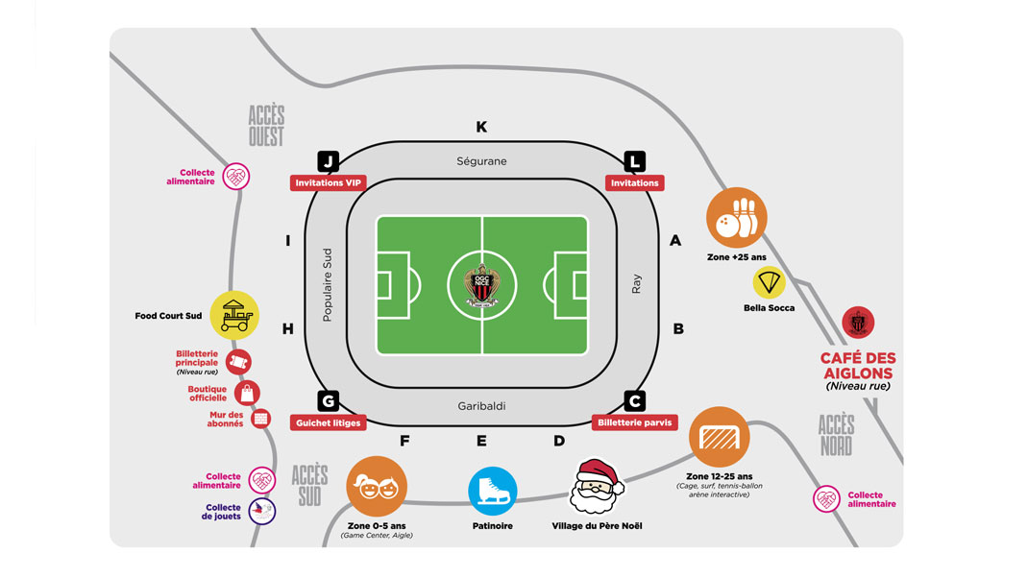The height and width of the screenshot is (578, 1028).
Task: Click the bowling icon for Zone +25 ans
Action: pyautogui.click(x=737, y=218)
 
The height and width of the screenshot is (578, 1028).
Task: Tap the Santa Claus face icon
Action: pyautogui.click(x=597, y=487)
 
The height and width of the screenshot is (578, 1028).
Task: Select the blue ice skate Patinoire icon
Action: pyautogui.click(x=493, y=491)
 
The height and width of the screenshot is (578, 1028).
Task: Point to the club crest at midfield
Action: pyautogui.click(x=482, y=285)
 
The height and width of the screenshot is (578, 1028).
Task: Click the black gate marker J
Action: pyautogui.click(x=329, y=161)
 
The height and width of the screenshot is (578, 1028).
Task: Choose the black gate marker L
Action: pyautogui.click(x=634, y=161)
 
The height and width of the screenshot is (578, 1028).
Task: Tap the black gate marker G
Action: pyautogui.click(x=329, y=401)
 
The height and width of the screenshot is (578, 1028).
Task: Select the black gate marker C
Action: pyautogui.click(x=634, y=401)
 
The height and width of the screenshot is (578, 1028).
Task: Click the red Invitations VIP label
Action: pyautogui.click(x=329, y=182)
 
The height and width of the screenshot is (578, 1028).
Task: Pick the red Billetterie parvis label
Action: pyautogui.click(x=634, y=422)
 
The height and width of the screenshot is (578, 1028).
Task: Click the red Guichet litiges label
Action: pyautogui.click(x=329, y=422)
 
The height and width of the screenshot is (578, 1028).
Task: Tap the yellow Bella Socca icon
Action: pyautogui.click(x=769, y=282)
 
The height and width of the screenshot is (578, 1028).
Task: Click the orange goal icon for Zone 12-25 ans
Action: pyautogui.click(x=719, y=437)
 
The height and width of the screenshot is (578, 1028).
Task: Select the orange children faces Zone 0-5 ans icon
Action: pyautogui.click(x=376, y=487)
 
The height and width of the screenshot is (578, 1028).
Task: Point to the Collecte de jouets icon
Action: pyautogui.click(x=262, y=510)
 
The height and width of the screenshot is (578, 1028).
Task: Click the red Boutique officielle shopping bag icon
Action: pyautogui.click(x=247, y=393)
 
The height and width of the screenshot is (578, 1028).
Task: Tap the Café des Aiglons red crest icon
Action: pyautogui.click(x=857, y=323)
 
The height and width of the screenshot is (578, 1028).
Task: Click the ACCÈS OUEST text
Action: pyautogui.click(x=266, y=126)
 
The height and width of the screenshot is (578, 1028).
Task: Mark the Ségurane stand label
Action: pyautogui.click(x=481, y=161)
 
